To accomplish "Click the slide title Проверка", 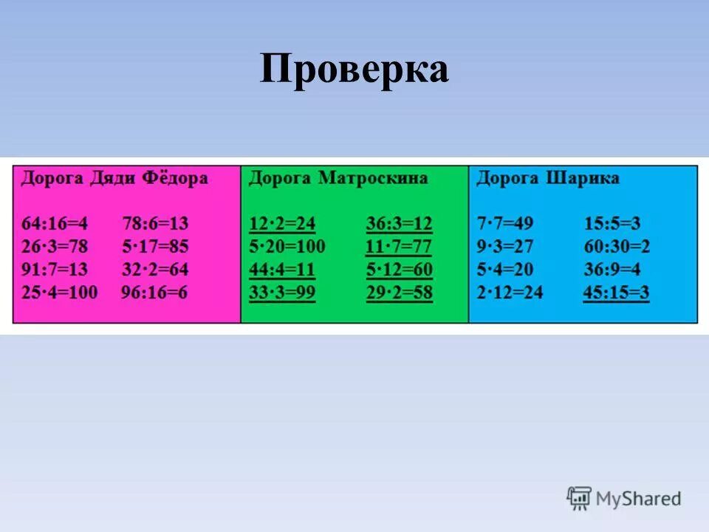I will point(354,70).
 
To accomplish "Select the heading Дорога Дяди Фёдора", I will point(114,178).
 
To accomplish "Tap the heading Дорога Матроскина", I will point(338,178).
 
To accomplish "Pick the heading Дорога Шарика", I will point(547,178).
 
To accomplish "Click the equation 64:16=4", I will point(55,223).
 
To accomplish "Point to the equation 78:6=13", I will point(155,223).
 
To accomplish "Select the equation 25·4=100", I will point(60,293).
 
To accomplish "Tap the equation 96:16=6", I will point(154,293).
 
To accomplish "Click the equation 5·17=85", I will point(155,246).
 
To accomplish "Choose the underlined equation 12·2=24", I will point(282,223).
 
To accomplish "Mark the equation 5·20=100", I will point(287,246).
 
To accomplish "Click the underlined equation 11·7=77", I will point(399,246).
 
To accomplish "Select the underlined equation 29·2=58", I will point(399,293).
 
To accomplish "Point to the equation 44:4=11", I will point(282,270).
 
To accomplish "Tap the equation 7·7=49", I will point(505,223).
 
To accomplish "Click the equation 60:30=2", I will point(617,246).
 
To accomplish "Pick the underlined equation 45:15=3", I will point(616,293).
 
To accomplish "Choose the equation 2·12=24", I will point(510,293).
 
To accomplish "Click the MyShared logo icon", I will point(580,499).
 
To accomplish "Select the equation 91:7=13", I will point(55,270).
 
